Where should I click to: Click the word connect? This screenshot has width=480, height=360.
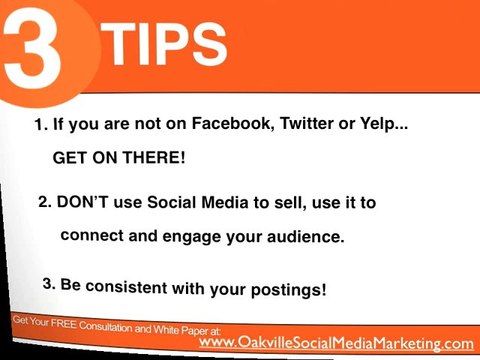(92, 237)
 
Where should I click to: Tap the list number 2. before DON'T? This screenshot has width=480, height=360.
(44, 201)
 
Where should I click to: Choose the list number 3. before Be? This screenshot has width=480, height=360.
(50, 282)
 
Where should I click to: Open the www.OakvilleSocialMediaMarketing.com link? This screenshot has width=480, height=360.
(336, 342)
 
